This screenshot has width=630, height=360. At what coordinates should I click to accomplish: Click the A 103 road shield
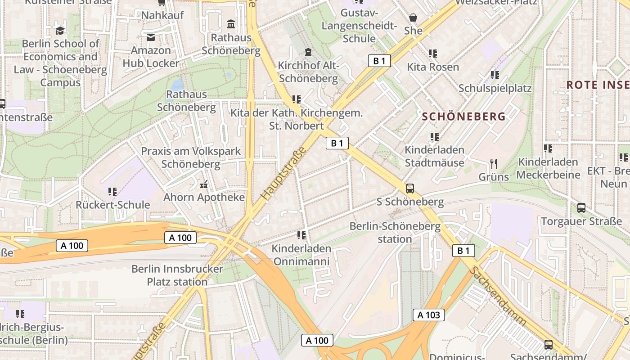pyautogui.click(x=429, y=315)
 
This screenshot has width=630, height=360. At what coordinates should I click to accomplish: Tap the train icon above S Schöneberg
pyautogui.click(x=409, y=189)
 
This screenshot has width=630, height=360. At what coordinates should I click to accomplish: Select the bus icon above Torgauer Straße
pyautogui.click(x=581, y=208)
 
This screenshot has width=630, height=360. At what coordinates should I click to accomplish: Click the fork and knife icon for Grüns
pyautogui.click(x=494, y=164)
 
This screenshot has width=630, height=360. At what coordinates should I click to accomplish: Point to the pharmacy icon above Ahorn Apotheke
pyautogui.click(x=204, y=184)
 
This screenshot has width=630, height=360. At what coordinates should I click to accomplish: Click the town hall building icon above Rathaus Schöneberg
pyautogui.click(x=231, y=24)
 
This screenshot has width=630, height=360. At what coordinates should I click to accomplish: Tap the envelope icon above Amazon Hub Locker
pyautogui.click(x=150, y=37)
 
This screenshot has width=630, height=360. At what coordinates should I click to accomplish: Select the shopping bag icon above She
pyautogui.click(x=413, y=18)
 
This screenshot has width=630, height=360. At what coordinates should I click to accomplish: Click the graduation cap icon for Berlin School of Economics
pyautogui.click(x=60, y=31)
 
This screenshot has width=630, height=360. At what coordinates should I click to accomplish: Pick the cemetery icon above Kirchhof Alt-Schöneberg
pyautogui.click(x=308, y=52)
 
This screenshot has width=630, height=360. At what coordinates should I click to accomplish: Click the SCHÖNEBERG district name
pyautogui.click(x=463, y=117)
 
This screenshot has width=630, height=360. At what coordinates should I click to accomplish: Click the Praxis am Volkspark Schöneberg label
pyautogui.click(x=191, y=157)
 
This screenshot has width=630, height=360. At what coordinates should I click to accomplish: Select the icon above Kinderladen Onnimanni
pyautogui.click(x=301, y=235)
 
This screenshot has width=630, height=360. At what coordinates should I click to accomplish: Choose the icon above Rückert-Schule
pyautogui.click(x=112, y=192)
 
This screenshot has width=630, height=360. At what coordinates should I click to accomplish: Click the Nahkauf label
pyautogui.click(x=162, y=15)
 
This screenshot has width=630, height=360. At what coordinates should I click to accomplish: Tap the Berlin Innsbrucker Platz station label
pyautogui.click(x=177, y=275)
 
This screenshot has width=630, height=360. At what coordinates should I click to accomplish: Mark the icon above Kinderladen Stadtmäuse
pyautogui.click(x=434, y=136)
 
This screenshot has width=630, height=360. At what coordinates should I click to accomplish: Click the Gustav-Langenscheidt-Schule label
pyautogui.click(x=359, y=26)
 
